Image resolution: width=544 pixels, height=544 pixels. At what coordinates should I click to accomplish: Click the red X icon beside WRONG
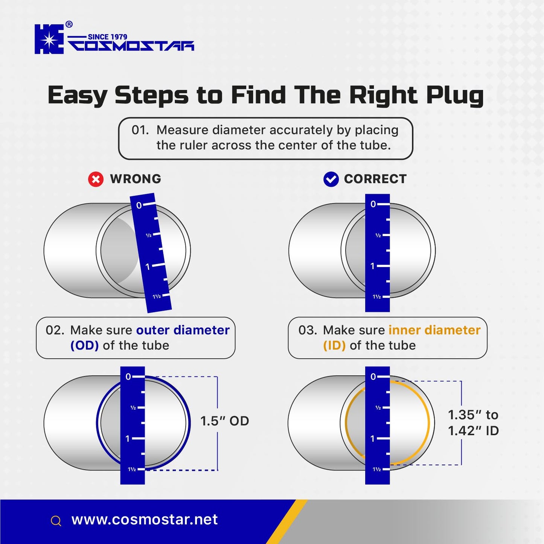point(96,179)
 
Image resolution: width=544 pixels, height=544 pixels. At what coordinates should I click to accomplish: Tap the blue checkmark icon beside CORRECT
point(331,179)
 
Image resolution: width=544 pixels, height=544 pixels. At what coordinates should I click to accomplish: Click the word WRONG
point(136,179)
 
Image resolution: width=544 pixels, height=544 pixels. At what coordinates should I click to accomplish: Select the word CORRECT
point(375,179)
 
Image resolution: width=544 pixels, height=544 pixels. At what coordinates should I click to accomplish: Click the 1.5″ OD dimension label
point(225,421)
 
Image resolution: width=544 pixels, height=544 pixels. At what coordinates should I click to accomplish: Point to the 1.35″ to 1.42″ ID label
point(474,423)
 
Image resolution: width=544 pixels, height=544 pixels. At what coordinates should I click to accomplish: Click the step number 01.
point(140,130)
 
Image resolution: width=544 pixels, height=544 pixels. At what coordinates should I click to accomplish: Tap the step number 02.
point(55,330)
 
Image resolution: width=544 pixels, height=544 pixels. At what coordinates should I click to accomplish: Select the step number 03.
point(308,330)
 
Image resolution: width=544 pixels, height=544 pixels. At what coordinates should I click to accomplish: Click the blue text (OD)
point(84,346)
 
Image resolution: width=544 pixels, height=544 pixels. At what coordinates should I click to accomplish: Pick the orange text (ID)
point(334,346)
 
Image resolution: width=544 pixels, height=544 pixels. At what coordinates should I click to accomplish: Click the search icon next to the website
point(56,521)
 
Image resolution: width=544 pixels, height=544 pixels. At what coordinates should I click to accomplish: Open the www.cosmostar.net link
point(145,520)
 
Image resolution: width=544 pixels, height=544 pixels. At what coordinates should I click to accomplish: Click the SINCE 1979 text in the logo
point(108,37)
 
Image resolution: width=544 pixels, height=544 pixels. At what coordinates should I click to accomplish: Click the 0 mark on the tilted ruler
point(139,205)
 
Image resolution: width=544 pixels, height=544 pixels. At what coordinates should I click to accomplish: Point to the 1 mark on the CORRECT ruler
point(372,266)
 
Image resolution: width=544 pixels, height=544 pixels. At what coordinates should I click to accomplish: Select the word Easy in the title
point(77,95)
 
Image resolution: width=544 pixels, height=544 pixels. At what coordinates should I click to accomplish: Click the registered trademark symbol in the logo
point(69,24)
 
